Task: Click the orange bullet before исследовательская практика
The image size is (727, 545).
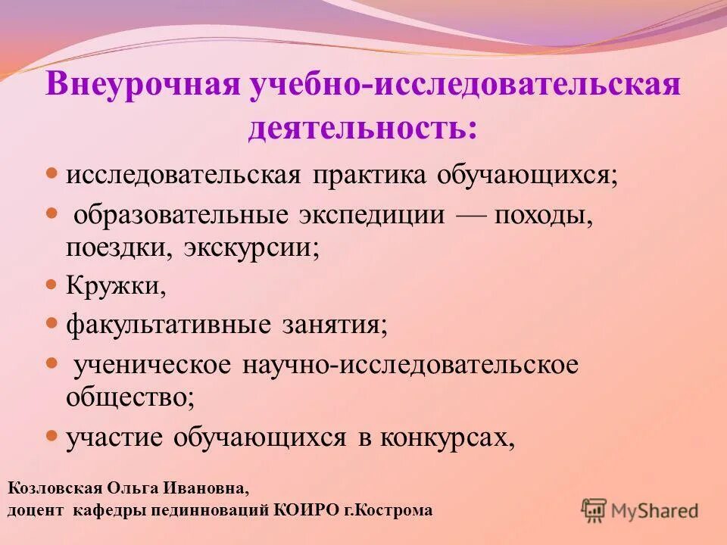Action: [x=52, y=173]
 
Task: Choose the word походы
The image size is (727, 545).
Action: [x=543, y=215]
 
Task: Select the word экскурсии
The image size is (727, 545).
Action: [x=250, y=248]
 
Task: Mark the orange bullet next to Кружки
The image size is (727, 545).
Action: [x=52, y=285]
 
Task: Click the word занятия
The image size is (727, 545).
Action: [x=334, y=325]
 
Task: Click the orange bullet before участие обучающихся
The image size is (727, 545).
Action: [x=52, y=435]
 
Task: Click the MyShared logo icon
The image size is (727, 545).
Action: [x=594, y=511]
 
